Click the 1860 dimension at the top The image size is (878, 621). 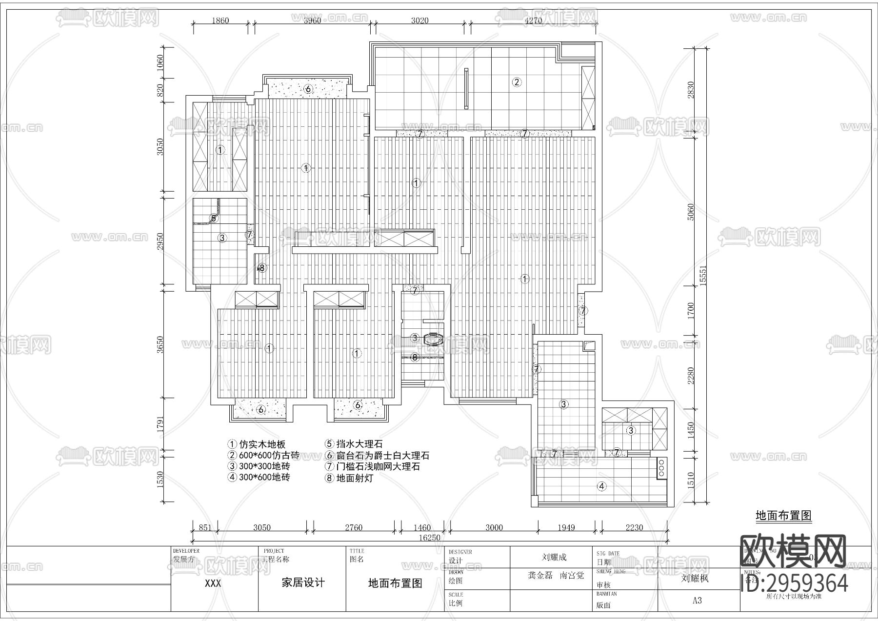point(220,20)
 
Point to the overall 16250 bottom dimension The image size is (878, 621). point(430,538)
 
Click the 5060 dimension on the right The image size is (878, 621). point(690,212)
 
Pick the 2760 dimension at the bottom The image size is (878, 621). point(354,527)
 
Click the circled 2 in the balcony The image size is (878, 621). point(517,82)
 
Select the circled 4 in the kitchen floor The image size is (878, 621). point(602,486)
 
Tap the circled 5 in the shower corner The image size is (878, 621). point(214,218)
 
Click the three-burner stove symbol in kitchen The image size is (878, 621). point(661,466)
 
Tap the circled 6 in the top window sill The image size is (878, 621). point(308,89)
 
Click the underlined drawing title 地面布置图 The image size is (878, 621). point(783,516)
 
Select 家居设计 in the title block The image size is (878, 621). point(303,583)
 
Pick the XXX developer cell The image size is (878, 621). point(213,583)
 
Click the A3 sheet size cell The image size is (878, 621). point(697,601)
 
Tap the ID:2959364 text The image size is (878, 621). point(794,582)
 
